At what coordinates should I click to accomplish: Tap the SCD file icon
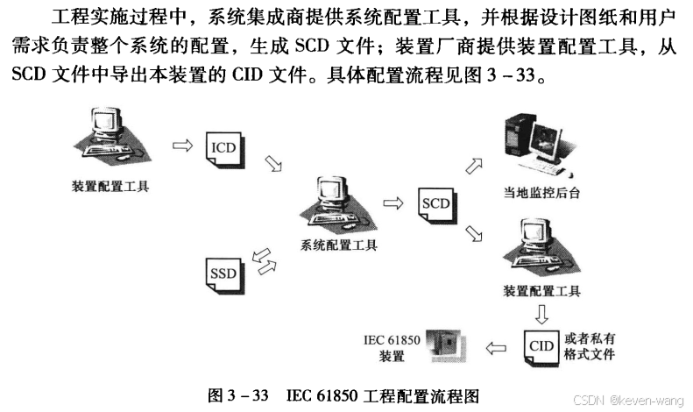point(436,204)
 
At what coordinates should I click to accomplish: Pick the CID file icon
point(541,345)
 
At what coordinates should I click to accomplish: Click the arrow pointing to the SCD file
point(393,203)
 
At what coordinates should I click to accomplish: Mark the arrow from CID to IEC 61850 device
point(496,347)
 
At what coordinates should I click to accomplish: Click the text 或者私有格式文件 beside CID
point(590,346)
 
